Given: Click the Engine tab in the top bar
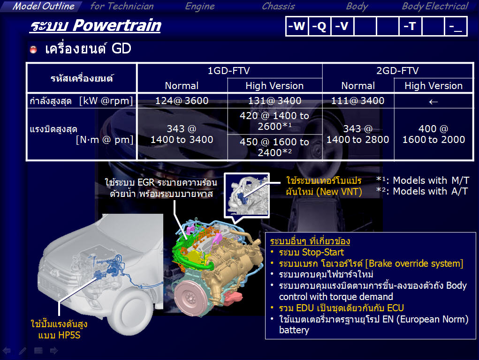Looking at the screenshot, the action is point(200,7).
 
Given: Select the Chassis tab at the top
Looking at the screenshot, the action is point(278,7).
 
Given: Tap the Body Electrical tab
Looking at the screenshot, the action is point(435,7).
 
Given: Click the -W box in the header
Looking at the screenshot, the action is point(297,26).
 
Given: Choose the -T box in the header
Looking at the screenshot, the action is point(410,26).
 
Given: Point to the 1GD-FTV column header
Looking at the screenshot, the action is point(229,71).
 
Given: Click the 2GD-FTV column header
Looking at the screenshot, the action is point(397,71).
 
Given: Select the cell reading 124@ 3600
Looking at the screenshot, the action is point(182,101).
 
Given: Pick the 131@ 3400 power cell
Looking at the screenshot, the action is point(274,101).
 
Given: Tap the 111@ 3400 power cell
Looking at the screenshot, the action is point(357,101).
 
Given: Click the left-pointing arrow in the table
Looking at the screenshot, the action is point(433,102).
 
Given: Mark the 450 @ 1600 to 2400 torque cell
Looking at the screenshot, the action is point(274,147).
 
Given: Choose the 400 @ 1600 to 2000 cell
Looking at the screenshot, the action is point(433,134).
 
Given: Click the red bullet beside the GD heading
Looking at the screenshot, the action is point(33,50).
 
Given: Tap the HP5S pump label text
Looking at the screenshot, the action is point(59,330).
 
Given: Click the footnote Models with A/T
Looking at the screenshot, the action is point(422,191).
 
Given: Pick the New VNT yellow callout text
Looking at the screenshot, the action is point(324,186).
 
